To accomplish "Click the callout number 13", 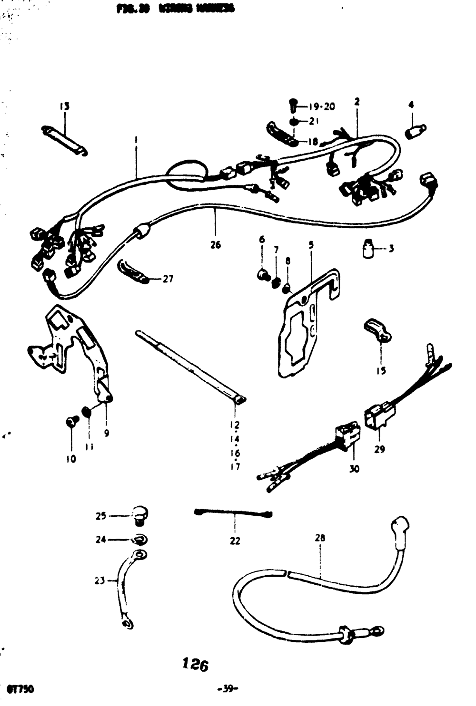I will click(64, 106).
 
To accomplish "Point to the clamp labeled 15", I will click(378, 330).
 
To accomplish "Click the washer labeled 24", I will click(140, 540).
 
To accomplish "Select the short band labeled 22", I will click(233, 513).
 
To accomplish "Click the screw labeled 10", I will click(71, 421).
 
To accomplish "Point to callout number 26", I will click(216, 245).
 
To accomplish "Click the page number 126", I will click(195, 664).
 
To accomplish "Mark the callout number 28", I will click(320, 538).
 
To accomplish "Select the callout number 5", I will click(311, 245).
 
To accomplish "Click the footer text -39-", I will click(228, 689).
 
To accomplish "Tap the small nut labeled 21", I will click(295, 121).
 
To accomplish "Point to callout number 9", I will click(106, 433).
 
